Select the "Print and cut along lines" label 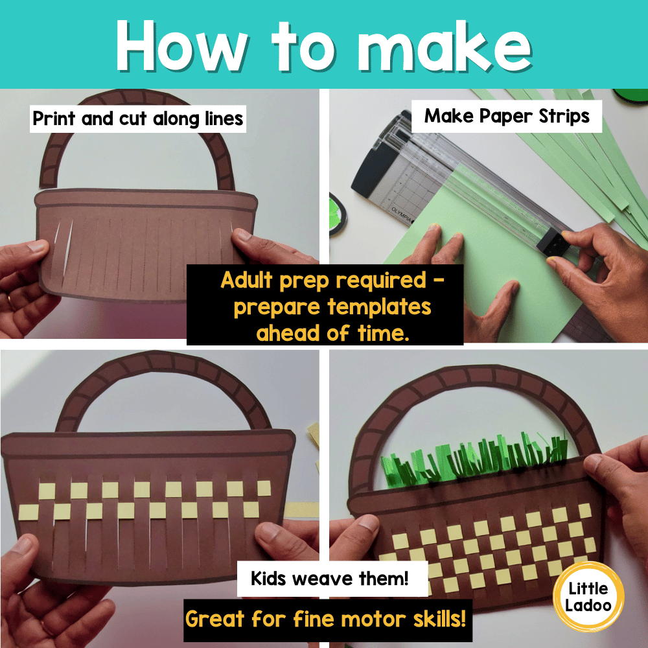tap(137, 119)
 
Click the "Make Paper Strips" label tap(507, 116)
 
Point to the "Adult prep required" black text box tap(325, 305)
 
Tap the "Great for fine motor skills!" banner tap(325, 618)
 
